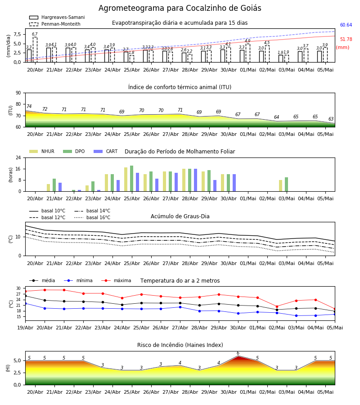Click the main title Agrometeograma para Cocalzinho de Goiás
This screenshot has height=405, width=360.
point(180,8)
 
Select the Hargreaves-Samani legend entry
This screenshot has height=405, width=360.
point(57,17)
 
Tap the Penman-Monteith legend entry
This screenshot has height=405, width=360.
point(55,24)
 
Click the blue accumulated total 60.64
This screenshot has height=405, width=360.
point(346,25)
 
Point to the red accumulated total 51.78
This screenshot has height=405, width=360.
point(346,39)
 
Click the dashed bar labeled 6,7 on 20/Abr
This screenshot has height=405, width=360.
point(35,49)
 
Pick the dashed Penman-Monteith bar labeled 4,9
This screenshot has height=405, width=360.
point(247,53)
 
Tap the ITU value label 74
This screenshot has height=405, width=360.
point(29,106)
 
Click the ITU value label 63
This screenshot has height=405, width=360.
point(331,119)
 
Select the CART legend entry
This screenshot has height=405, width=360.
point(106,151)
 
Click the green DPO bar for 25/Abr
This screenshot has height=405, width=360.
point(132,179)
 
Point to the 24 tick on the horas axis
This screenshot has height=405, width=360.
point(18,157)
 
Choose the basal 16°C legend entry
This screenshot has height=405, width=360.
point(92,217)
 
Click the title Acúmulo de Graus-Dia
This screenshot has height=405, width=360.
point(180,216)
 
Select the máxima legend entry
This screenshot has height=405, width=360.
point(117,280)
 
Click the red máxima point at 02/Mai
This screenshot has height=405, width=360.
point(277,306)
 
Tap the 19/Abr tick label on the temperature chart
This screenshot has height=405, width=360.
point(25,328)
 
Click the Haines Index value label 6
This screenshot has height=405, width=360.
point(238,353)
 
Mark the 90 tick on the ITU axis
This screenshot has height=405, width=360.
point(18,93)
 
